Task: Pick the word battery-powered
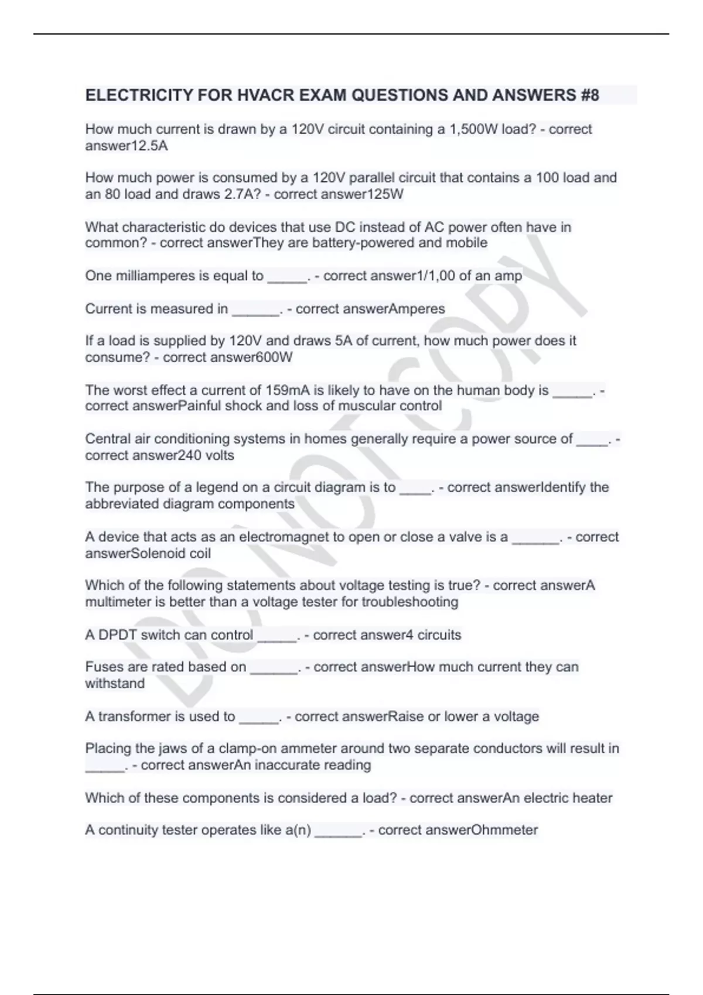pos(363,243)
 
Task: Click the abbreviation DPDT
pos(117,635)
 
